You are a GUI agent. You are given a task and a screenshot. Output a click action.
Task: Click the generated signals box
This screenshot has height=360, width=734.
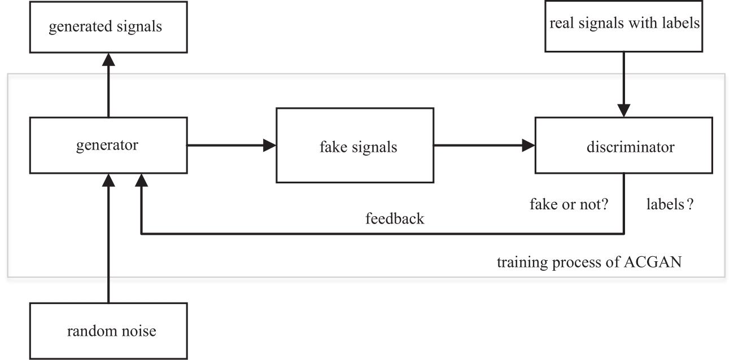[x=108, y=27]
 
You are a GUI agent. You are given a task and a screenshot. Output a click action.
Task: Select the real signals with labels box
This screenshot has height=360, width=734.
[x=624, y=26]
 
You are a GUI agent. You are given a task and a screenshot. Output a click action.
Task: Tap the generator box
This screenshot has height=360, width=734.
[x=108, y=145]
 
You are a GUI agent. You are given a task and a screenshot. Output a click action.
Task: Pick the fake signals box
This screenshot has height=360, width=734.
[x=355, y=145]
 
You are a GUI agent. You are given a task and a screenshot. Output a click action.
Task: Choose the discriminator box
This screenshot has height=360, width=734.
[x=624, y=145]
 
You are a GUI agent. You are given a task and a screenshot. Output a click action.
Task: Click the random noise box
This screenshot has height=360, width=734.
[x=108, y=331]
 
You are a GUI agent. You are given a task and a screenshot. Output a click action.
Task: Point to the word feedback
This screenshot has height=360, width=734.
[x=395, y=218]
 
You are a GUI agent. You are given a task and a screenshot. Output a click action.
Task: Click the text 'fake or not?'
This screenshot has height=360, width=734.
[x=569, y=204]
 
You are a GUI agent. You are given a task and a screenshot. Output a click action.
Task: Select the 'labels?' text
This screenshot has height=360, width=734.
[x=670, y=204]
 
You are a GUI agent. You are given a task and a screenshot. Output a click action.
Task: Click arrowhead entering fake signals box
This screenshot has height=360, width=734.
[x=270, y=145]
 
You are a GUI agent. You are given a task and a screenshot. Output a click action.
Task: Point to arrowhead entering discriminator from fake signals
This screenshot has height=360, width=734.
[x=528, y=145]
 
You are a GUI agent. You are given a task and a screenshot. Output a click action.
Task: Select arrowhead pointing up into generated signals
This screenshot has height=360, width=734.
[x=108, y=59]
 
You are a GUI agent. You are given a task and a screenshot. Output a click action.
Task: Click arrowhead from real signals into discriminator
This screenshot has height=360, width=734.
[x=624, y=111]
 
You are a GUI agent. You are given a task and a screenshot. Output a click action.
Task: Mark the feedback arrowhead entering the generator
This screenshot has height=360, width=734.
[x=141, y=180]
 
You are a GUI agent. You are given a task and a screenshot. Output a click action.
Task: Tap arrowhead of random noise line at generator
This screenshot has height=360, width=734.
[x=108, y=180]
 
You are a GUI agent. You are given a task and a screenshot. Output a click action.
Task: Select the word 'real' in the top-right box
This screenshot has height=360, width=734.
[x=562, y=23]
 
